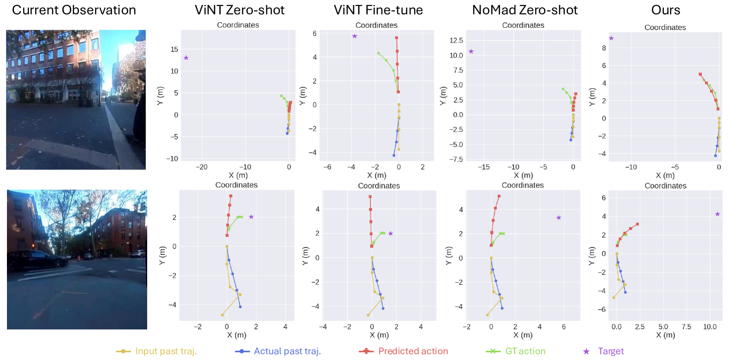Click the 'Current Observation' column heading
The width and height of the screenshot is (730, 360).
click(x=74, y=10)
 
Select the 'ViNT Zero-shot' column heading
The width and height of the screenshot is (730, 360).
click(x=240, y=10)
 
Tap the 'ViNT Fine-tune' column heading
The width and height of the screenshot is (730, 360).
click(x=378, y=10)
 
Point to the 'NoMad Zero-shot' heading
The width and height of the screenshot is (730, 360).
click(x=525, y=10)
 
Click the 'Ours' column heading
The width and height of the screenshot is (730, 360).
click(x=666, y=10)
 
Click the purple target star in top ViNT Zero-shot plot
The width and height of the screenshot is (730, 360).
click(x=186, y=58)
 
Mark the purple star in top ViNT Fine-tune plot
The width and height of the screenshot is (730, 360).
click(x=355, y=36)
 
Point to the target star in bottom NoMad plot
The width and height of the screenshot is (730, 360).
click(x=559, y=217)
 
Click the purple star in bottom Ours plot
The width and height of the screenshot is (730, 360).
click(x=718, y=214)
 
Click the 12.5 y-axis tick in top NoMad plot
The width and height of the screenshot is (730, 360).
click(x=456, y=40)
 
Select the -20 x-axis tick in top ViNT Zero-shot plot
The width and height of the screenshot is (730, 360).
click(x=202, y=167)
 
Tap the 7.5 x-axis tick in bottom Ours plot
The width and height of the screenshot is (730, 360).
click(x=687, y=327)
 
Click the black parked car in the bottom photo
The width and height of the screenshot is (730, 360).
click(x=32, y=260)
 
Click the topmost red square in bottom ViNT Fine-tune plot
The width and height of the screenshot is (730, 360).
click(x=370, y=197)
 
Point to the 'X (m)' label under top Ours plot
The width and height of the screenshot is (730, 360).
click(x=665, y=175)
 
